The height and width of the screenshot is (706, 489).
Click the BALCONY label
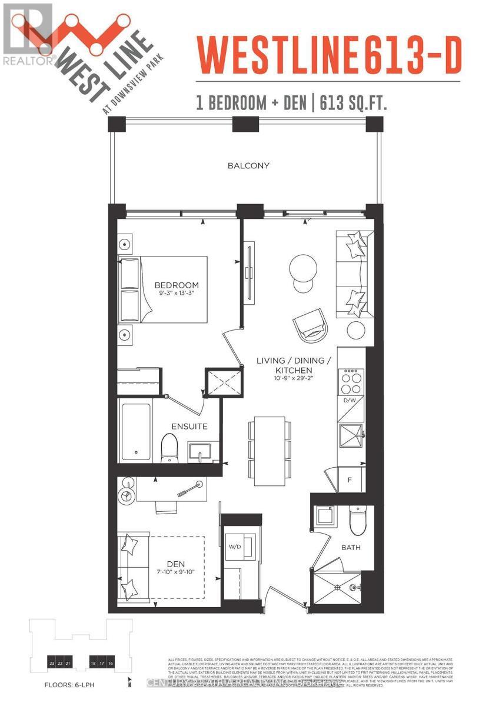point(248,165)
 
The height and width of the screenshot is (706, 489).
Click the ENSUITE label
point(189,426)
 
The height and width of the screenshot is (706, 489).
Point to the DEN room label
point(175,564)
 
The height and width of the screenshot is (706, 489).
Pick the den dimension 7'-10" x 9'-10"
point(175,574)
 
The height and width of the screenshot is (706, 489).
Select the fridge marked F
point(350,480)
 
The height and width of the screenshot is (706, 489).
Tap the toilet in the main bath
point(357,518)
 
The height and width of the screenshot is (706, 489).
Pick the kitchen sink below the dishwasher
point(351,436)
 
